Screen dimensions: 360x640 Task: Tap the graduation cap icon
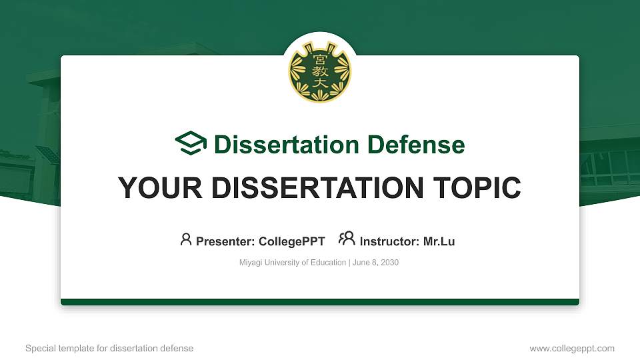(191, 143)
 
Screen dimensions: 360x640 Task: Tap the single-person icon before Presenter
(186, 239)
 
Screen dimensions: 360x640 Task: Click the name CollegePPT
(291, 241)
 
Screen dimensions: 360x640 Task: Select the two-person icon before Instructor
(347, 239)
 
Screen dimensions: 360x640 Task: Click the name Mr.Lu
(438, 241)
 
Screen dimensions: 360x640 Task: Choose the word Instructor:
(389, 241)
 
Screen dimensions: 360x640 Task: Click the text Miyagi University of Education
(292, 263)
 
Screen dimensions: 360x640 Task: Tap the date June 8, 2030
(375, 263)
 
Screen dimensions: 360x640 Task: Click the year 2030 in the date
(389, 263)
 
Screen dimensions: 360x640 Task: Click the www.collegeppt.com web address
(572, 348)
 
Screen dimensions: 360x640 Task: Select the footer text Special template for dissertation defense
(109, 348)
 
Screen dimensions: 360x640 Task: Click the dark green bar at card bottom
(320, 302)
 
